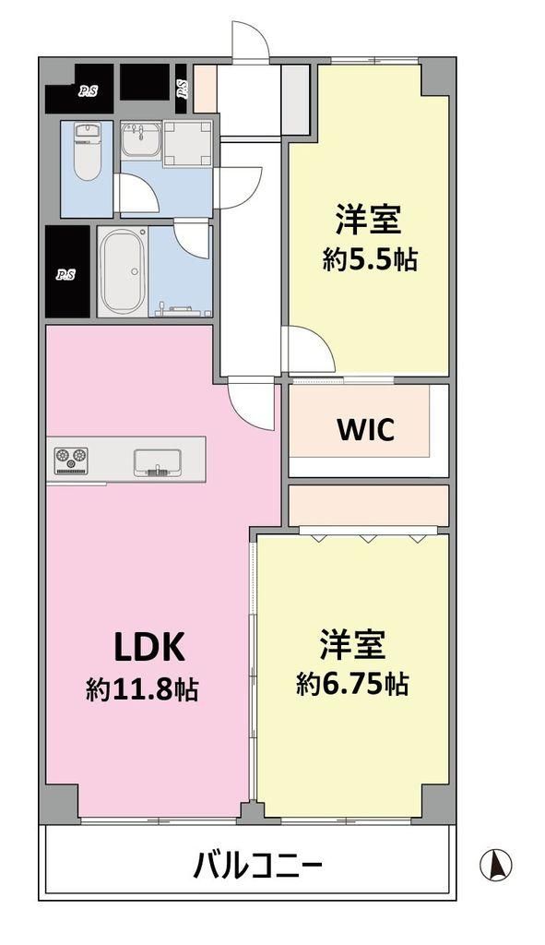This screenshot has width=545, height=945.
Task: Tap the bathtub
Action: click(x=123, y=271)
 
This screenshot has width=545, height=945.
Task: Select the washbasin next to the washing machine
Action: click(x=140, y=138)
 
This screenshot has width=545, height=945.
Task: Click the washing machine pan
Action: click(x=187, y=143)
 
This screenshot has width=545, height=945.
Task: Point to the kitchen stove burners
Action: click(x=71, y=458)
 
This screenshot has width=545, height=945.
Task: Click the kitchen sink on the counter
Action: click(x=158, y=462)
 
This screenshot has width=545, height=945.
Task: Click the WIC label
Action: click(x=365, y=430)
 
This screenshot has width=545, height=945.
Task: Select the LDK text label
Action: click(x=148, y=648)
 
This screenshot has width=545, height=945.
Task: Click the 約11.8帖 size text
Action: click(x=142, y=688)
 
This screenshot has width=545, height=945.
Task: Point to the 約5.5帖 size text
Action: click(x=370, y=259)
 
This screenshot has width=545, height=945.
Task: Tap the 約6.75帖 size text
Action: click(x=352, y=685)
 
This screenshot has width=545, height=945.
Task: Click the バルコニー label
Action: click(x=257, y=867)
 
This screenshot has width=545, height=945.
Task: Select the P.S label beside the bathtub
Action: click(x=65, y=275)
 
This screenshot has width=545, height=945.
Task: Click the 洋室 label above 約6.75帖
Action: click(x=352, y=644)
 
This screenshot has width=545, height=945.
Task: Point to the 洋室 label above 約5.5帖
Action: click(x=369, y=220)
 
